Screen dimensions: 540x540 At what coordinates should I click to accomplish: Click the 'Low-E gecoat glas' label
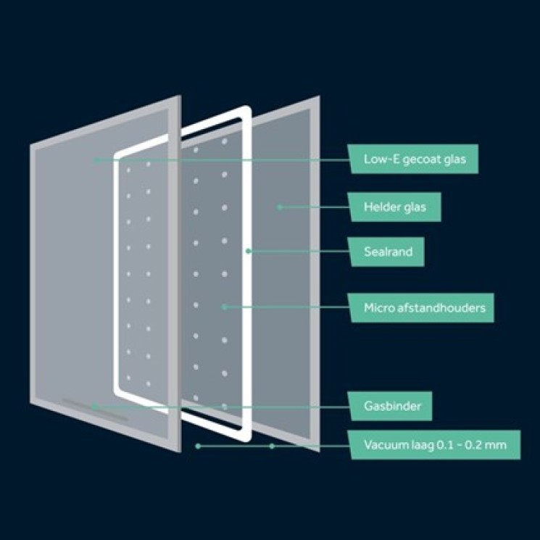pyautogui.click(x=412, y=159)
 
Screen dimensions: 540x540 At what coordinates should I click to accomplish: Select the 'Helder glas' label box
pyautogui.click(x=394, y=207)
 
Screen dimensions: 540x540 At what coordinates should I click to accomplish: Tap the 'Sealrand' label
pyautogui.click(x=386, y=252)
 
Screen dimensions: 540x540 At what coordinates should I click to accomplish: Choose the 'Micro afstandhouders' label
pyautogui.click(x=420, y=307)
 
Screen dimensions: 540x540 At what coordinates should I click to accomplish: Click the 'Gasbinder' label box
pyautogui.click(x=389, y=406)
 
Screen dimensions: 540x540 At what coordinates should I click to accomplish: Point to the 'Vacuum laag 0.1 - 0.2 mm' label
pyautogui.click(x=434, y=444)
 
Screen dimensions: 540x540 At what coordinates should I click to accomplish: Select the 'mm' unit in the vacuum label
pyautogui.click(x=497, y=445)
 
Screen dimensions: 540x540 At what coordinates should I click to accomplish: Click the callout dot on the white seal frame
pyautogui.click(x=249, y=252)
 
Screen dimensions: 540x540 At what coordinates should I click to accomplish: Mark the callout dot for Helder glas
pyautogui.click(x=280, y=207)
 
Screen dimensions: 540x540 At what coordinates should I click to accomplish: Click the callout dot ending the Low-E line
pyautogui.click(x=97, y=160)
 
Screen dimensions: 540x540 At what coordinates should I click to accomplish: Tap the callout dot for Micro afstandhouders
pyautogui.click(x=224, y=307)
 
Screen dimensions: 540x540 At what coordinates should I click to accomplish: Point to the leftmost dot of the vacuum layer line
pyautogui.click(x=198, y=446)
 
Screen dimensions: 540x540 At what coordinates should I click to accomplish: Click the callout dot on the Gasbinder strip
pyautogui.click(x=94, y=407)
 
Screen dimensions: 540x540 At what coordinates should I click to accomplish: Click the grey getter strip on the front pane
pyautogui.click(x=96, y=410)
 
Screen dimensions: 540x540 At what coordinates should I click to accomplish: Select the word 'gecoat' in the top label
pyautogui.click(x=422, y=159)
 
